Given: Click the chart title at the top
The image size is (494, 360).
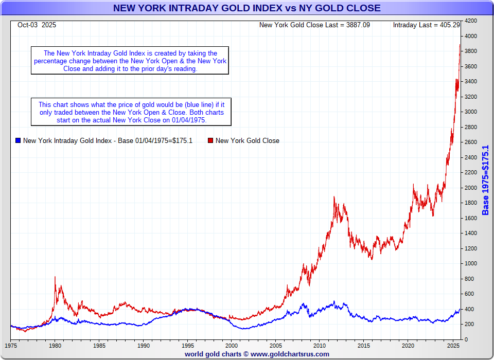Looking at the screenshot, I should [x=246, y=8].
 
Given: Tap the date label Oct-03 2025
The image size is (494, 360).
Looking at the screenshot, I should [x=37, y=25].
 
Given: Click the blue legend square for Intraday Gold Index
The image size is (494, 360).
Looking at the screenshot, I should [x=18, y=140].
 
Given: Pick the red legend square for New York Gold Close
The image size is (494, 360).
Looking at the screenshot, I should [x=210, y=140].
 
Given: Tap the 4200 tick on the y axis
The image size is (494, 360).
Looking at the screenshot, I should [x=471, y=21].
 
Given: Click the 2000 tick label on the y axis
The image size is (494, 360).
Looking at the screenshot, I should [x=471, y=188].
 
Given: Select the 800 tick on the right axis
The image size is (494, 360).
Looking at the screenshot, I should [x=470, y=279].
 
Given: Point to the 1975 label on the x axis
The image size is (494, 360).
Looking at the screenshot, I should [x=11, y=346].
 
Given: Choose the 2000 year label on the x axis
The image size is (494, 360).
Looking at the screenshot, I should [x=232, y=346].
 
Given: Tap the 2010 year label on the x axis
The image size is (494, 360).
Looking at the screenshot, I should [x=320, y=346].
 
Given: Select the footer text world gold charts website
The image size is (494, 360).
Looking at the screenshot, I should [x=257, y=354].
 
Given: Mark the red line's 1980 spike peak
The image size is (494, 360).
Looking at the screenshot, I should [x=55, y=277].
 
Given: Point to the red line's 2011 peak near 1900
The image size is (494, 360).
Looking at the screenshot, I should [x=334, y=197].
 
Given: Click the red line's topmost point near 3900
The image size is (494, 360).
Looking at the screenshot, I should [x=460, y=45].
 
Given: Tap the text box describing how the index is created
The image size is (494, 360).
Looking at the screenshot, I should [x=130, y=61].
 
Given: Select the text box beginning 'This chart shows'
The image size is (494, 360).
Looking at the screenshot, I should [x=131, y=112].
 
